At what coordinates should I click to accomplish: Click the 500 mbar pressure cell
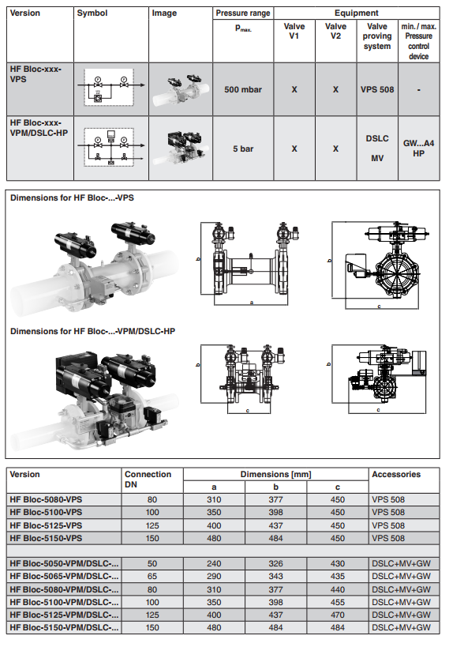click(243, 89)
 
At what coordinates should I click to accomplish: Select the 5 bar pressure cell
click(243, 149)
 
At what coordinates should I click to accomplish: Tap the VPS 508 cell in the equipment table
click(377, 89)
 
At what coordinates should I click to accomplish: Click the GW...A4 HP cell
click(418, 149)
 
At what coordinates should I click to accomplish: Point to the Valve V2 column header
click(335, 31)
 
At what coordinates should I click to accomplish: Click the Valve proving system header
click(377, 36)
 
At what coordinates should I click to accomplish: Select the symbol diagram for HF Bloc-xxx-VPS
click(111, 88)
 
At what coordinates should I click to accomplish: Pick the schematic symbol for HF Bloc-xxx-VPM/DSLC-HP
click(111, 147)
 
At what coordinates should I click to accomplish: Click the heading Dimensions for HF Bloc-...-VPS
click(72, 197)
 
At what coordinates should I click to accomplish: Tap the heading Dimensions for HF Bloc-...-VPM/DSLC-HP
click(93, 331)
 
